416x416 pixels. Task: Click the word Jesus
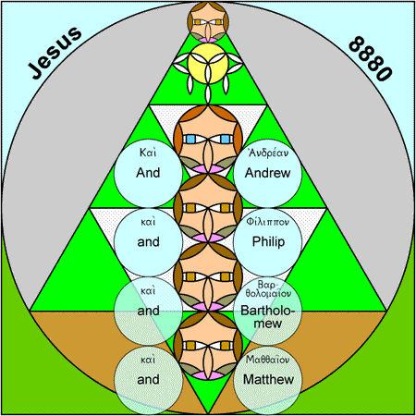(55, 53)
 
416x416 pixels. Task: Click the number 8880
(371, 59)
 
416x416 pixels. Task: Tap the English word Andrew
(267, 173)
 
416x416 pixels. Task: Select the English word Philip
(268, 242)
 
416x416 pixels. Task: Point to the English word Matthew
(268, 379)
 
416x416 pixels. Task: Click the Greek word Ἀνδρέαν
(267, 153)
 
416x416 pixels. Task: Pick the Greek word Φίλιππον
(267, 222)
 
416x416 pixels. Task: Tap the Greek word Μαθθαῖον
(267, 360)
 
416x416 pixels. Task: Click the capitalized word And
(148, 173)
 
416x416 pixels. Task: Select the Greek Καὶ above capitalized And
(148, 153)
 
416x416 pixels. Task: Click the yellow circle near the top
(208, 64)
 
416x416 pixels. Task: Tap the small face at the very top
(208, 22)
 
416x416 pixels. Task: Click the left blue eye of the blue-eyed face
(191, 139)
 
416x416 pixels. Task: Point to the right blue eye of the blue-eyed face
(226, 139)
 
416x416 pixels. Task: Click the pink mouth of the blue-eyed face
(208, 168)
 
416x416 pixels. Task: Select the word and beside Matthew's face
(148, 380)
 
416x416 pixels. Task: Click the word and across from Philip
(148, 242)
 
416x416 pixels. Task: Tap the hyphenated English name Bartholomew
(267, 317)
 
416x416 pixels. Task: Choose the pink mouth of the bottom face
(208, 375)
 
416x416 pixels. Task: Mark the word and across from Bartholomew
(148, 311)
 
